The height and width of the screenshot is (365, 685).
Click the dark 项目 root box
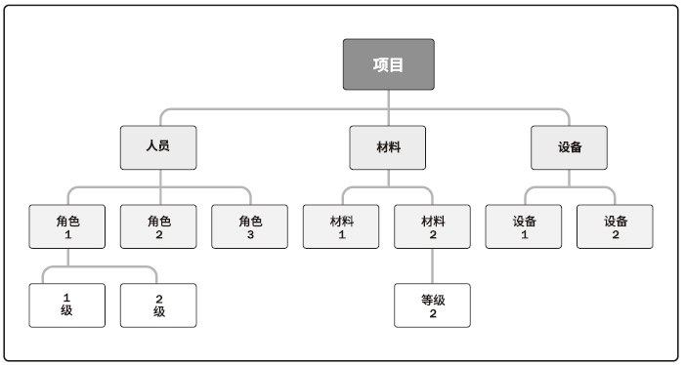(x=388, y=64)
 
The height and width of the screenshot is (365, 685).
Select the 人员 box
(x=158, y=147)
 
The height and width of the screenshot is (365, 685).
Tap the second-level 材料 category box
(x=388, y=147)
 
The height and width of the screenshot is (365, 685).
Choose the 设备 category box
(x=570, y=147)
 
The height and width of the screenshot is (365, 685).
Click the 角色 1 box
(x=67, y=226)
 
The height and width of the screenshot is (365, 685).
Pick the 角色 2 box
(x=158, y=226)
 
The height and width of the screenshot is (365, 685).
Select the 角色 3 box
(x=250, y=226)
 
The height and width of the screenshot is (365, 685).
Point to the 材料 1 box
(x=342, y=226)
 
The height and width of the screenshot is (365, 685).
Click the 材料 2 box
(x=433, y=226)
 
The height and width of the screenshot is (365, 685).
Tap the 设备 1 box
(x=524, y=226)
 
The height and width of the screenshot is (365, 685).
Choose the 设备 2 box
(x=616, y=226)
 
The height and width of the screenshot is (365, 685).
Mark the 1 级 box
(x=67, y=304)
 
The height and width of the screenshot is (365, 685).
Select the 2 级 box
(x=158, y=304)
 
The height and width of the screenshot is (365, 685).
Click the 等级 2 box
(x=433, y=304)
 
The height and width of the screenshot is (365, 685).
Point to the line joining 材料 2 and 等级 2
(x=433, y=265)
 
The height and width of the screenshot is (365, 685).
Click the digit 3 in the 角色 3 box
(x=250, y=235)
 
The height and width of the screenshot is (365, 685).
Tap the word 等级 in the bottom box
(x=433, y=298)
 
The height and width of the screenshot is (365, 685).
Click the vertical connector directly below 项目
(x=388, y=99)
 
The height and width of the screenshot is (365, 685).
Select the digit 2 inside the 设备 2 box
(x=616, y=235)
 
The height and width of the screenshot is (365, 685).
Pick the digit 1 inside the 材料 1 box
(x=342, y=235)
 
